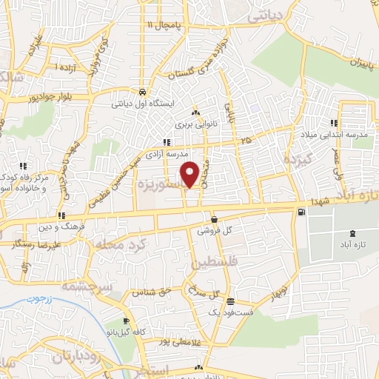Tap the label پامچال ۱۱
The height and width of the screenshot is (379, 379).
click(x=163, y=25)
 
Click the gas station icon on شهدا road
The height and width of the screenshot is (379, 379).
click(x=301, y=213)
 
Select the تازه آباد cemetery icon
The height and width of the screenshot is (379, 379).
click(x=349, y=234)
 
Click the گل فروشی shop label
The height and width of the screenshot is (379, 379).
click(x=214, y=230)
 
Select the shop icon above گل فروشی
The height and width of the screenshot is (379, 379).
click(x=214, y=219)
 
